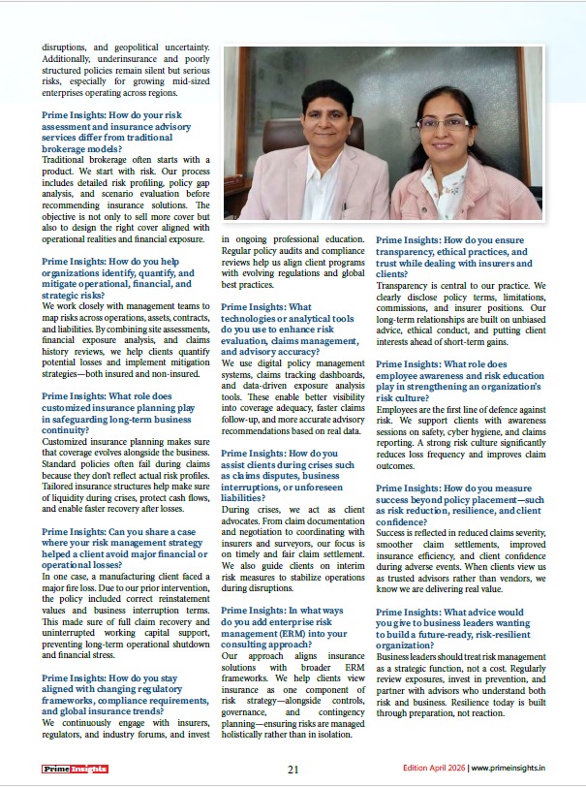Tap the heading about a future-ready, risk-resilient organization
tap(449, 626)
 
